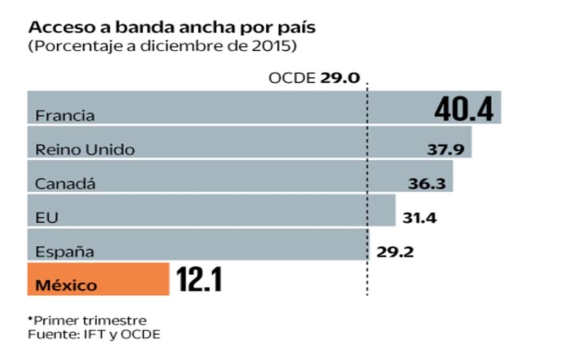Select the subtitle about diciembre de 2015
point(162,46)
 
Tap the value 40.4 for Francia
point(464,109)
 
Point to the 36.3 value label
point(427,184)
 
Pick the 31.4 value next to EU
point(419,218)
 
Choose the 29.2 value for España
point(395,252)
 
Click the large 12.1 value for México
point(199,279)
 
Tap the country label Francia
point(65,116)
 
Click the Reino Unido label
point(85,150)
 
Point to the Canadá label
point(65,184)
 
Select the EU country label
point(46,218)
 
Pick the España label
point(64,252)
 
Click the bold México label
point(66,285)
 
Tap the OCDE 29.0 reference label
point(314,78)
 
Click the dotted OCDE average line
point(367,281)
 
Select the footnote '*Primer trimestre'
point(87,320)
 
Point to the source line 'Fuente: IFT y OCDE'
point(94,335)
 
